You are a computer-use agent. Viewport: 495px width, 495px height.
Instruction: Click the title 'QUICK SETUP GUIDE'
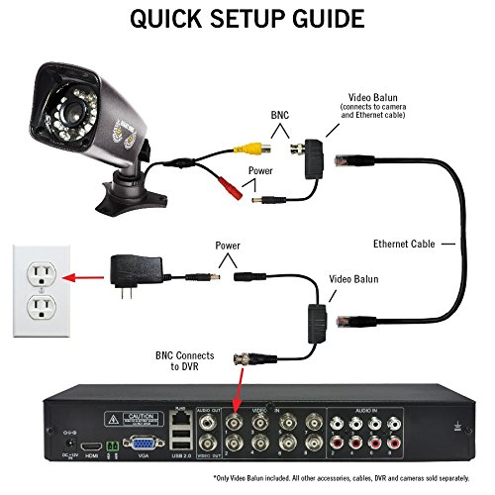[247, 20]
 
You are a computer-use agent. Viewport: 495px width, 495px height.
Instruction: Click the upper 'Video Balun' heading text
[373, 99]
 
